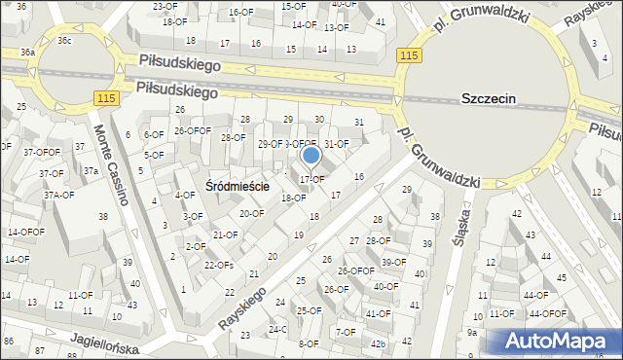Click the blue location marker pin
[311, 156]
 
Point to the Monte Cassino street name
[112, 166]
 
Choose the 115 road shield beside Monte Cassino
[107, 99]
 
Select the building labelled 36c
[64, 41]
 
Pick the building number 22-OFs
[218, 266]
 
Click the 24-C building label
[278, 329]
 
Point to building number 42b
[378, 343]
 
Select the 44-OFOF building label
[547, 313]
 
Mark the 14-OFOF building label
[25, 233]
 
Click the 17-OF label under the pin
[311, 179]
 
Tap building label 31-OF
[336, 144]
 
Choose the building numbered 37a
[91, 171]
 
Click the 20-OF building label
[251, 213]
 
